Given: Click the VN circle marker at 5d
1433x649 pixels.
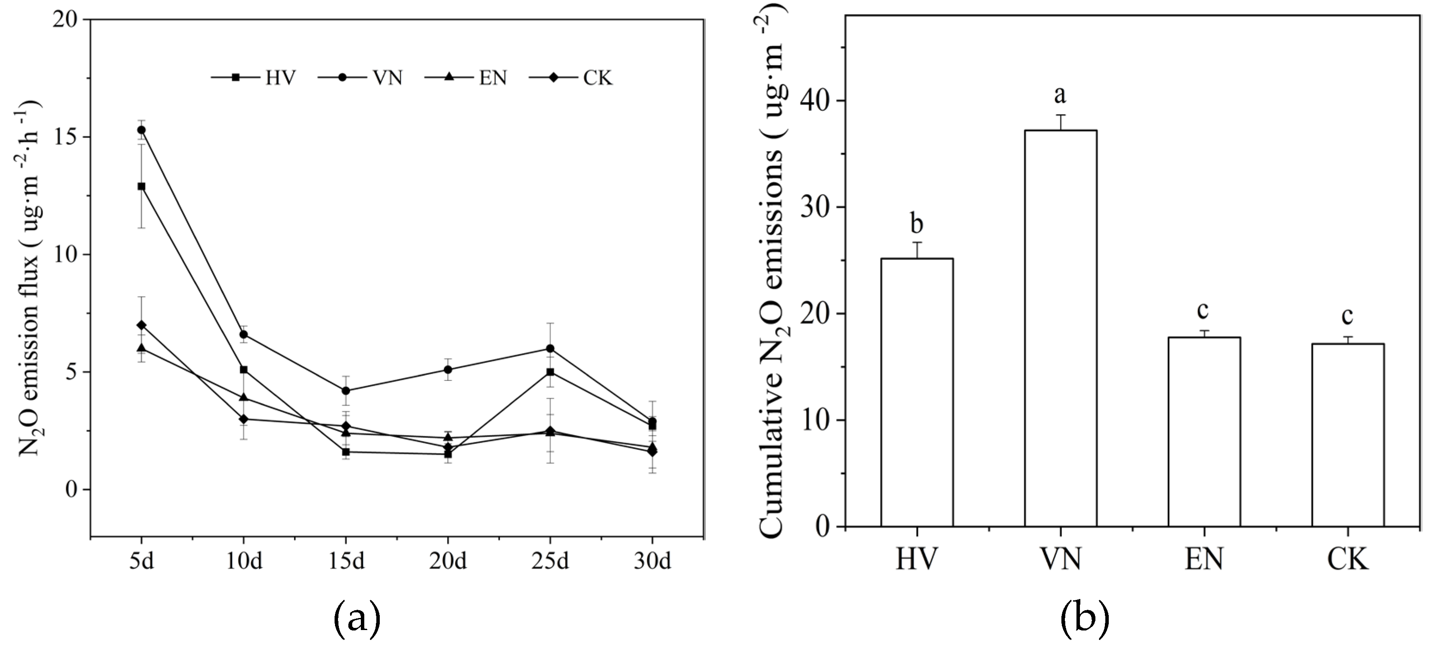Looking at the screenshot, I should [141, 130].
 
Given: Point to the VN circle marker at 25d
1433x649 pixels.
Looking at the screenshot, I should [550, 349].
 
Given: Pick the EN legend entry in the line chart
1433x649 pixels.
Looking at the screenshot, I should [466, 78].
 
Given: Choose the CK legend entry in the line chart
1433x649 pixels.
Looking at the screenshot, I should [571, 78].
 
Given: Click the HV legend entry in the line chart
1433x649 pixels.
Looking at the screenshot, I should [254, 78].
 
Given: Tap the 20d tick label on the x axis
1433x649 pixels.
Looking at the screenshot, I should [447, 561].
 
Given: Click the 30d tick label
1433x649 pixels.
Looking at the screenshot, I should [652, 561].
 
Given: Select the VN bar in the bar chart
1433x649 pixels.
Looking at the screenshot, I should [1060, 328].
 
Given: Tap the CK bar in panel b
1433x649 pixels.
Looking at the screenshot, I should [1347, 435].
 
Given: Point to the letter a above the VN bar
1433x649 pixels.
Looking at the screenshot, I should [1060, 95].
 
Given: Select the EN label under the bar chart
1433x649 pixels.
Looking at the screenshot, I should [1204, 559].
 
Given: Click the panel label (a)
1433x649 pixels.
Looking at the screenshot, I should [357, 618].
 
